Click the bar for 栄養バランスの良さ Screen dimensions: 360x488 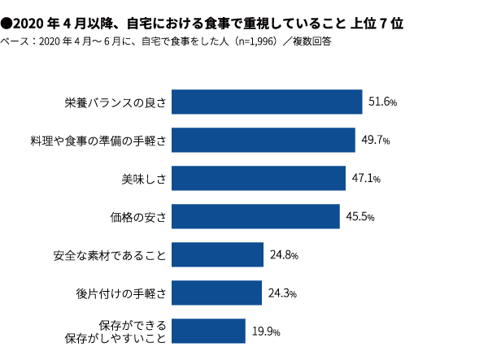[268, 102]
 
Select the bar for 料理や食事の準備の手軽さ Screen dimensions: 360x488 [264, 140]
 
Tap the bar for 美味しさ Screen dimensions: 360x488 [259, 178]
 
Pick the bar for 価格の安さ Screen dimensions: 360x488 [256, 216]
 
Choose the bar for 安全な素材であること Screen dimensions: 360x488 [218, 255]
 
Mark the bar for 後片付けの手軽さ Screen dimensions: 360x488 [217, 293]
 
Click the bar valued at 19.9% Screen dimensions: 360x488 [209, 331]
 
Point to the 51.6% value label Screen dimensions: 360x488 [382, 102]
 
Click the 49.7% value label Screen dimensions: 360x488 [376, 141]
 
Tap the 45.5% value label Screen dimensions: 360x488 [360, 217]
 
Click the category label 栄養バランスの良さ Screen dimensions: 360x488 [115, 102]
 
